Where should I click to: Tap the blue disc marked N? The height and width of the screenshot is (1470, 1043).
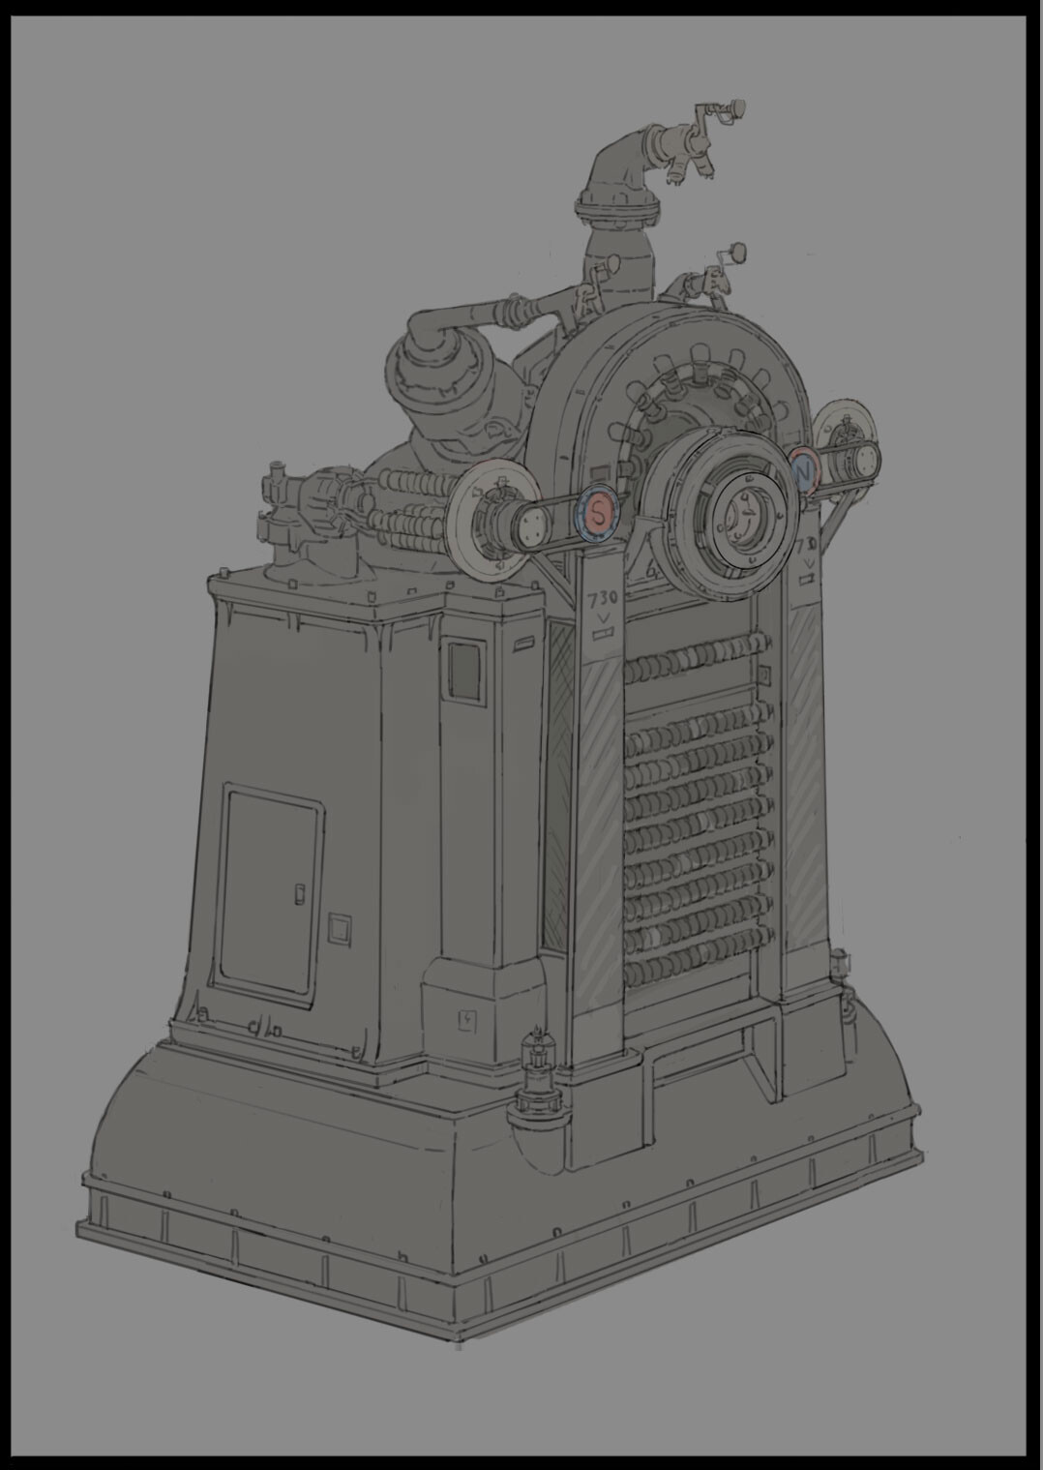pyautogui.click(x=803, y=471)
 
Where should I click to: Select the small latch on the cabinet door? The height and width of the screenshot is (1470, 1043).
pyautogui.click(x=299, y=891)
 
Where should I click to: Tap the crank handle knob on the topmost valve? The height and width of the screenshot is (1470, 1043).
pyautogui.click(x=739, y=105)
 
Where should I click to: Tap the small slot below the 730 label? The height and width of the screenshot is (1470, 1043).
pyautogui.click(x=605, y=635)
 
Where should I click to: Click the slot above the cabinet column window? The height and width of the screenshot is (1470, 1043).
pyautogui.click(x=524, y=645)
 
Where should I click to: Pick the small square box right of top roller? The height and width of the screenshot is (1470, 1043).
pyautogui.click(x=765, y=672)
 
